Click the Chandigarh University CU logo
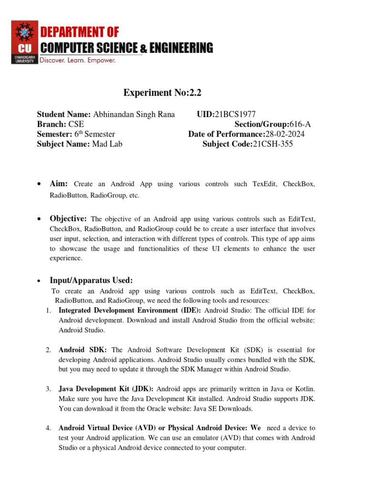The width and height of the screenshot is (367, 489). pyautogui.click(x=24, y=42)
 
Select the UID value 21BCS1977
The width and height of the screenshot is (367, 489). pyautogui.click(x=235, y=115)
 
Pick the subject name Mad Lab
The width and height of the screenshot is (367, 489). pyautogui.click(x=108, y=143)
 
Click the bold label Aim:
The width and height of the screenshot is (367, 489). pyautogui.click(x=59, y=184)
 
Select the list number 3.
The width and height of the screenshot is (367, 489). pyautogui.click(x=48, y=389)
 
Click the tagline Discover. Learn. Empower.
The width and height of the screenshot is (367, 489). pyautogui.click(x=77, y=61)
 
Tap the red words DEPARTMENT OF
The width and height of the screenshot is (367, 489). pyautogui.click(x=79, y=32)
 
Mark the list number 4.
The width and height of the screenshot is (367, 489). pyautogui.click(x=48, y=428)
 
